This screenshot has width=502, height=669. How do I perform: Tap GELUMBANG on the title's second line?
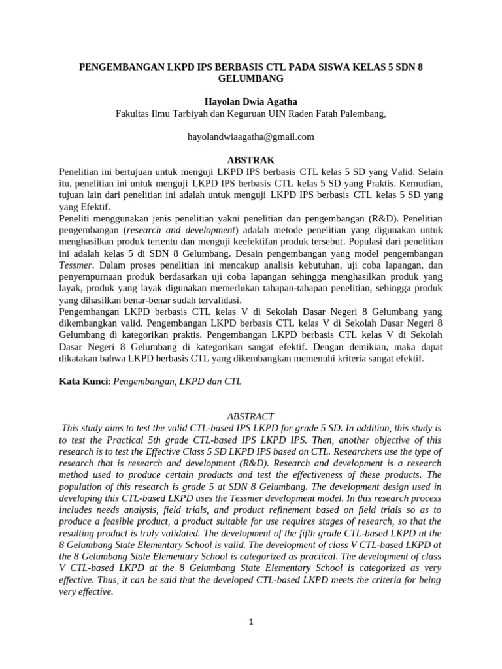point(251,78)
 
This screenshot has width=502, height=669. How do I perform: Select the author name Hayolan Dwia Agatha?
point(251,103)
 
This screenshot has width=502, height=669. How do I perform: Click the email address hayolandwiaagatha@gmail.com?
point(251,137)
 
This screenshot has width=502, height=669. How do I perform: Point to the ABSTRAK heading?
point(251,160)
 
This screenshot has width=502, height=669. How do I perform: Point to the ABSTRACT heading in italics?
point(251,416)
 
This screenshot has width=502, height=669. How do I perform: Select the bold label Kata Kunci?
point(82,381)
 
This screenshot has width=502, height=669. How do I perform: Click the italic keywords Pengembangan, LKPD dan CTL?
point(178,381)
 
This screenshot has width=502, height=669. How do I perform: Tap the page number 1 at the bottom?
point(251,622)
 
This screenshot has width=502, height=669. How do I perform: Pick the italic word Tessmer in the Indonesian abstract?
point(75,265)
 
